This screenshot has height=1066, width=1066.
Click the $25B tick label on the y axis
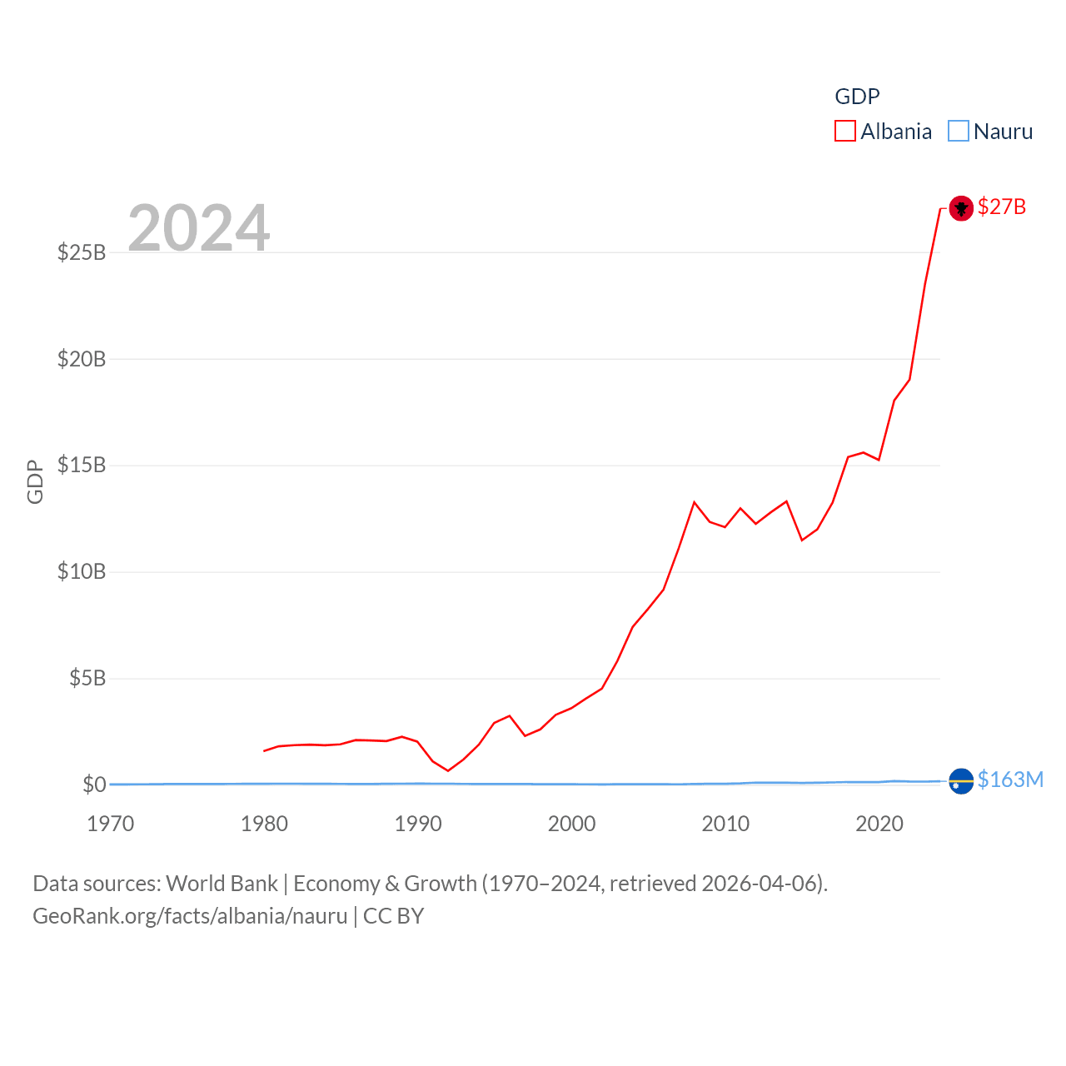(x=82, y=252)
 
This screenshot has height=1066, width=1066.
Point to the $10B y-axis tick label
(x=82, y=571)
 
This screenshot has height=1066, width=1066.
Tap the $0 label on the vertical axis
(x=94, y=785)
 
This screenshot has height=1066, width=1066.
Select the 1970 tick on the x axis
(x=111, y=824)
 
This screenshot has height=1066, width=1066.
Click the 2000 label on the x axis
(x=571, y=824)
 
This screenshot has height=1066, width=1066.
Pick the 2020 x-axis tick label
(x=879, y=824)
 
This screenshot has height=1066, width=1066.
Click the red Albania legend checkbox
(x=845, y=132)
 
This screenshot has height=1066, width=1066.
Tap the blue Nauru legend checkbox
(x=959, y=132)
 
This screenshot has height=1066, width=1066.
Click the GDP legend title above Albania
(x=857, y=97)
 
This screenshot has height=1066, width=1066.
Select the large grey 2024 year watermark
(x=199, y=227)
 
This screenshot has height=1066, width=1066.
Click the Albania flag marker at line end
(x=961, y=207)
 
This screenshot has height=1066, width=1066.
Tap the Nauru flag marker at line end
(x=961, y=781)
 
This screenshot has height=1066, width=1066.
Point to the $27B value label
(x=1002, y=207)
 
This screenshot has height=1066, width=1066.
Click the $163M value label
(x=1010, y=780)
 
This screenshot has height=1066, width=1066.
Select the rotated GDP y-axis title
(x=35, y=481)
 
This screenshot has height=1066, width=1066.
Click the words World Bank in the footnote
(x=222, y=884)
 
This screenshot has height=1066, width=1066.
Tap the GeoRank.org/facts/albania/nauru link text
(x=190, y=916)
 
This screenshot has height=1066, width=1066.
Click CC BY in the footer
(x=394, y=916)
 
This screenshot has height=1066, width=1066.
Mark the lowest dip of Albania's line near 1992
(x=448, y=770)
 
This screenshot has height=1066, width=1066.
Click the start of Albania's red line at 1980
(x=264, y=750)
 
